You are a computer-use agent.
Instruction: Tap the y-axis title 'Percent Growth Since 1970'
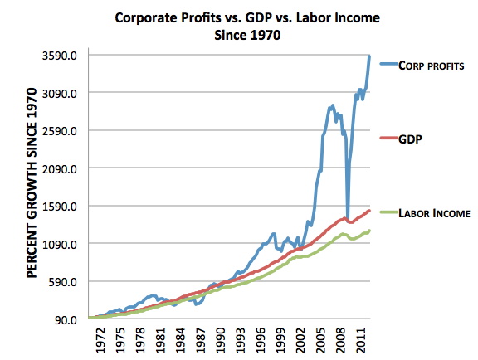[32, 187]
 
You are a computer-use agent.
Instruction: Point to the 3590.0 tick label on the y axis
[62, 56]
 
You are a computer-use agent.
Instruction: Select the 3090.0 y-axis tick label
[62, 94]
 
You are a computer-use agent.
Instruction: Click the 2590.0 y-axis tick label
[62, 131]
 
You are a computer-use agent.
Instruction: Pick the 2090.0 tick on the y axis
[62, 169]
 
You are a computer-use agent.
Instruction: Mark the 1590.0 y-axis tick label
[62, 207]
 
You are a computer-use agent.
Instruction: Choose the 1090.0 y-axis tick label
[62, 244]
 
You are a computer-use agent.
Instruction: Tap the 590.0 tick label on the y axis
[65, 282]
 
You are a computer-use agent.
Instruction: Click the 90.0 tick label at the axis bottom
[67, 319]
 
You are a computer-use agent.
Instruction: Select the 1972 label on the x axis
[99, 340]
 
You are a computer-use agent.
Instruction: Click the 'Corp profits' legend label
[426, 65]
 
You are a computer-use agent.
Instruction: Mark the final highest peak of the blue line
[369, 56]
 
